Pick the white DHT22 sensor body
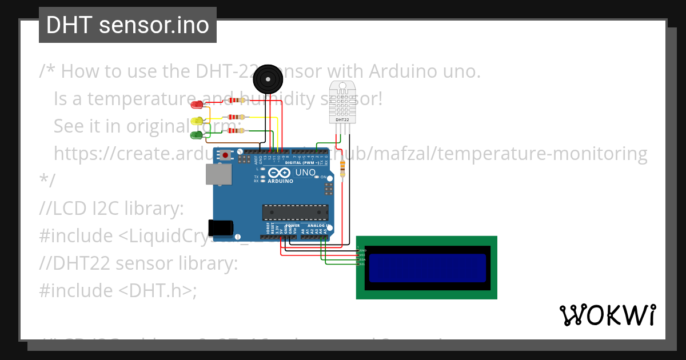pyautogui.click(x=342, y=103)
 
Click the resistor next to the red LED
pyautogui.click(x=236, y=100)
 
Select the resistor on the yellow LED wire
pyautogui.click(x=236, y=117)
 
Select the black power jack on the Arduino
pyautogui.click(x=221, y=228)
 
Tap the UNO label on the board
pyautogui.click(x=305, y=172)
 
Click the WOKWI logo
pyautogui.click(x=608, y=315)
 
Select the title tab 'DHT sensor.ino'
pyautogui.click(x=127, y=25)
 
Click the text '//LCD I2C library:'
pyautogui.click(x=111, y=209)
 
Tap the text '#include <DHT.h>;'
pyautogui.click(x=118, y=290)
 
